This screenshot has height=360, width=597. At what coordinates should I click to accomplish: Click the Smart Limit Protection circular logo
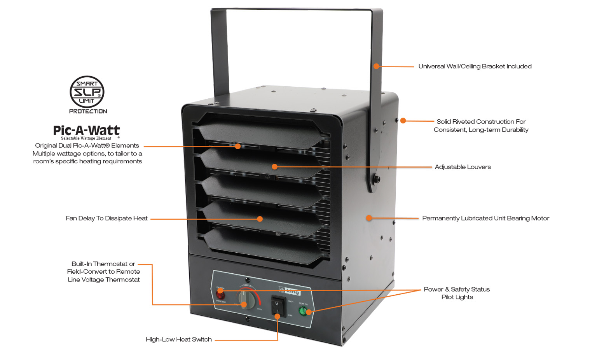(x=87, y=92)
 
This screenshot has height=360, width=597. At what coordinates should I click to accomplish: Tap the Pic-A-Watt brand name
(x=86, y=130)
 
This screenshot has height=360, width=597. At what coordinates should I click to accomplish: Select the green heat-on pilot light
(x=303, y=311)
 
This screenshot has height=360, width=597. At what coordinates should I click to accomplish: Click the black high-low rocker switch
(x=278, y=306)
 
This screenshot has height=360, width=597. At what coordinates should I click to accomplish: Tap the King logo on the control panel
(x=290, y=291)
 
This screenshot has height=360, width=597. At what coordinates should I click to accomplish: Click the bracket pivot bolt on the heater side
(x=376, y=179)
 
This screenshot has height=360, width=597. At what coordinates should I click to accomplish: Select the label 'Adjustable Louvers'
(x=463, y=167)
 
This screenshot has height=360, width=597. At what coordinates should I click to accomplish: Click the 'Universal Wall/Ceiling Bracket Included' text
(x=475, y=66)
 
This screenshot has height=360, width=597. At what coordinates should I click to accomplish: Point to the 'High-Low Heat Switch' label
(x=179, y=339)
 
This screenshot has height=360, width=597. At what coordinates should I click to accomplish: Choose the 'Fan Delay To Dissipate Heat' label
(x=106, y=218)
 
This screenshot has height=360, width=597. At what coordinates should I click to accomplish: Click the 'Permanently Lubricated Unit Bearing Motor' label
(x=485, y=218)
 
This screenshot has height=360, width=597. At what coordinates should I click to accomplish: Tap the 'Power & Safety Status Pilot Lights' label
(x=457, y=293)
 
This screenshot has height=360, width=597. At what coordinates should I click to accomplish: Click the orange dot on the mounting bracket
(x=376, y=66)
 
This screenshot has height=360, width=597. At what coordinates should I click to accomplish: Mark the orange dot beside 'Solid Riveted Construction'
(x=403, y=121)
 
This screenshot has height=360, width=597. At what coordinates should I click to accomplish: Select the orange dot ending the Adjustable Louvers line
(x=274, y=167)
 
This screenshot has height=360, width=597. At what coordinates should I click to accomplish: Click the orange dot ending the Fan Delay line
(x=260, y=219)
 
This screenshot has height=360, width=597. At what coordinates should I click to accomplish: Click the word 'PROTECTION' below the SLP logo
(x=88, y=111)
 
